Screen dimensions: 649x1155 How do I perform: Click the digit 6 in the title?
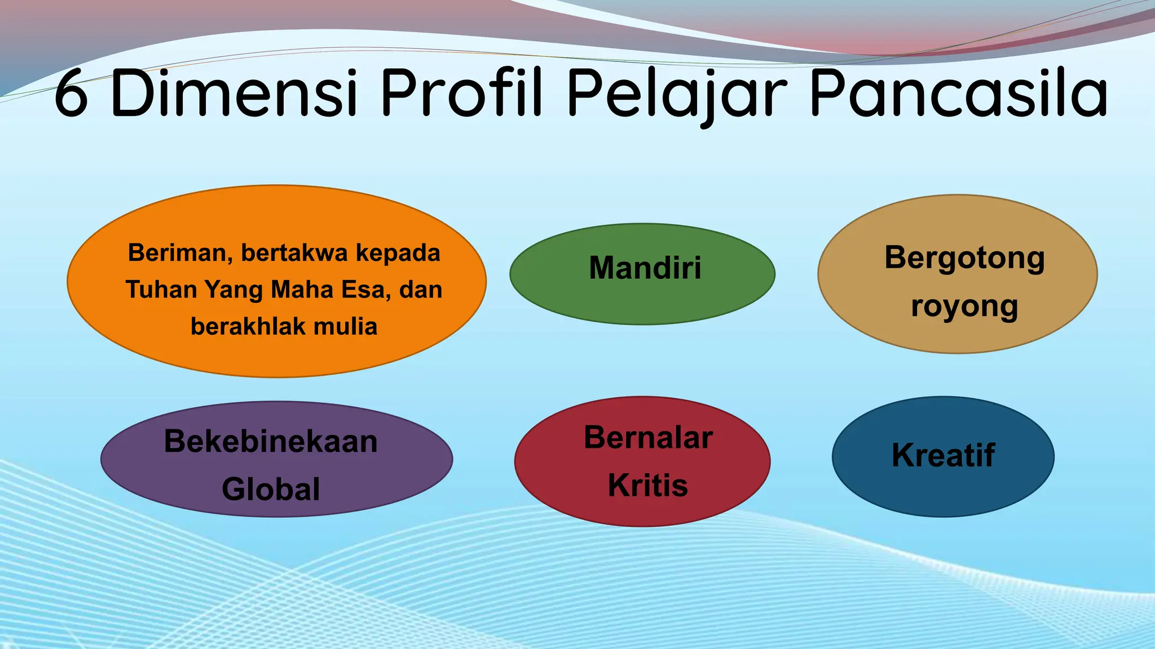tap(72, 94)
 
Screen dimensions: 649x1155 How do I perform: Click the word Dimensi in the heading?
tap(234, 92)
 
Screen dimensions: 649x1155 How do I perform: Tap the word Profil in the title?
tap(461, 92)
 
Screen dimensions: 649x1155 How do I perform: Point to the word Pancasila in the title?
tap(959, 94)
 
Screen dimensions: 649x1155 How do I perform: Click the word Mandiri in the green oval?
tap(645, 268)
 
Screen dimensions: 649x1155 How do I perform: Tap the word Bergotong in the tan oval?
tap(964, 257)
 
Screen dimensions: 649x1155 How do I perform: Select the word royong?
tap(964, 307)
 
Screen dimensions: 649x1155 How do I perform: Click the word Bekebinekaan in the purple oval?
tap(271, 441)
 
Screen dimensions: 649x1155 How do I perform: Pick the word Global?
tap(271, 489)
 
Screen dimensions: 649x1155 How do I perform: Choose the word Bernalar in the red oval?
tap(648, 438)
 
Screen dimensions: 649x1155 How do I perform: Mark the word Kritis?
tap(648, 485)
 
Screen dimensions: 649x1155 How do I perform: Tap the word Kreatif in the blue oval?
tap(943, 455)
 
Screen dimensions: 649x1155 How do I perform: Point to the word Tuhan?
tap(161, 290)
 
